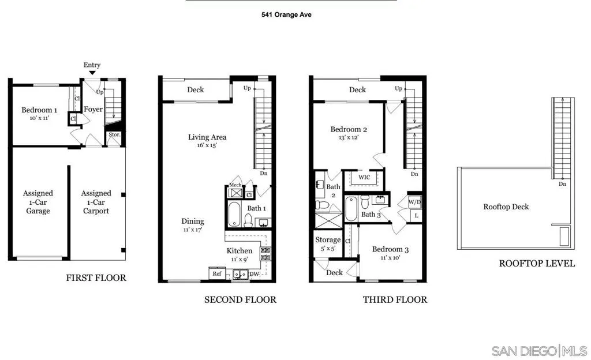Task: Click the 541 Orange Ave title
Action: coord(286,14)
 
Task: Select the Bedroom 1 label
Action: coord(39,110)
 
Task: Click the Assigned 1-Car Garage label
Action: coord(38,202)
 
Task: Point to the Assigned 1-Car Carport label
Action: coord(96,202)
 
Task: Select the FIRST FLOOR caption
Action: coord(96,277)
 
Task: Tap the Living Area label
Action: coord(207,137)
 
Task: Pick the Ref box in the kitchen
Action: coord(217,274)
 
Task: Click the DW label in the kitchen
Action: coord(254,275)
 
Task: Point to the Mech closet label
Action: coord(235,185)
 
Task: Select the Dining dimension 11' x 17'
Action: coord(193,230)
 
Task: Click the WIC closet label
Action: coord(364,177)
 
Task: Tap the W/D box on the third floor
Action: coord(414,202)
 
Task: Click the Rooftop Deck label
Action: coord(506,207)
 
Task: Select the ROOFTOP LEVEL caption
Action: coord(537,263)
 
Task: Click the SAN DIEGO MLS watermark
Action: coord(539,351)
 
